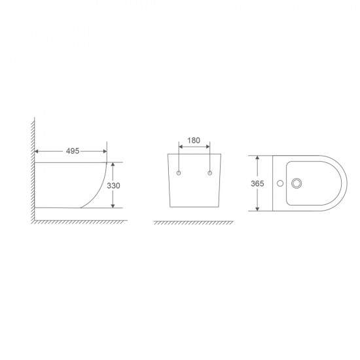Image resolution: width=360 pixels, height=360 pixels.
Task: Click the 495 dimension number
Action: (x=72, y=151)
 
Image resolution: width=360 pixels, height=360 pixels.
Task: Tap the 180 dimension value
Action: (x=194, y=141)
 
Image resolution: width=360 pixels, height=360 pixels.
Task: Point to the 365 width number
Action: (x=257, y=184)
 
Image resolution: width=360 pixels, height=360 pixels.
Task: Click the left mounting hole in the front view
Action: (x=179, y=173)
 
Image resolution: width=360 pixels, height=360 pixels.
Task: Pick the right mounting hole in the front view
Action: (x=209, y=173)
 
